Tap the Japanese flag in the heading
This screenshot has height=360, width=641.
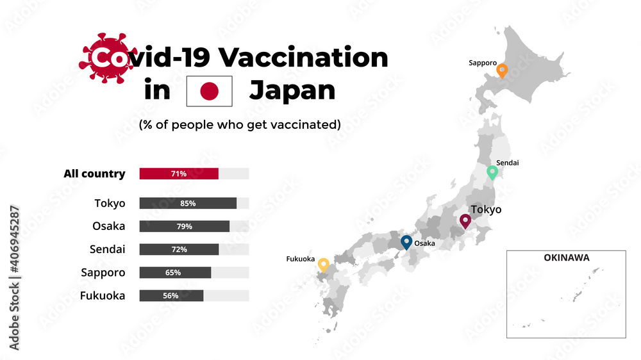pos(210,91)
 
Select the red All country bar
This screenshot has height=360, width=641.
pos(179,174)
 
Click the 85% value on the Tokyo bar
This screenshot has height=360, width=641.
pos(188,203)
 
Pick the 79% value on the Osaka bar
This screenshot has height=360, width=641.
pos(184,226)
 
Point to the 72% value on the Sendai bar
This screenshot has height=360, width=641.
pos(179,249)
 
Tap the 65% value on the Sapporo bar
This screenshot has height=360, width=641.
pos(173,272)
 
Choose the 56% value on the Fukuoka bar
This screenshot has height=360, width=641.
pos(171,295)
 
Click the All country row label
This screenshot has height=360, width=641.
pos(94,174)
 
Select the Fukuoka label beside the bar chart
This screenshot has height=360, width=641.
pos(103,295)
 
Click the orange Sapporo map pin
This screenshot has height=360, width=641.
pos(503,70)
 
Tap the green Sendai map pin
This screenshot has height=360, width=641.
pos(492,172)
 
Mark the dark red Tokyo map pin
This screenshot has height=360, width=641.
pos(465,221)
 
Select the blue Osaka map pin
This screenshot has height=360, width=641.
pos(406,242)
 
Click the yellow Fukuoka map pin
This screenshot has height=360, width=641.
pos(324,265)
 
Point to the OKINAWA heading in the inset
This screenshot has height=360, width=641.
pos(566,258)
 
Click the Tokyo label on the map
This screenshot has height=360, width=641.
pos(486,209)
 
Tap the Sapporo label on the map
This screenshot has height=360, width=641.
pos(483,63)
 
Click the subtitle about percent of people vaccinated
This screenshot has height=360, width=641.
pos(240,124)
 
